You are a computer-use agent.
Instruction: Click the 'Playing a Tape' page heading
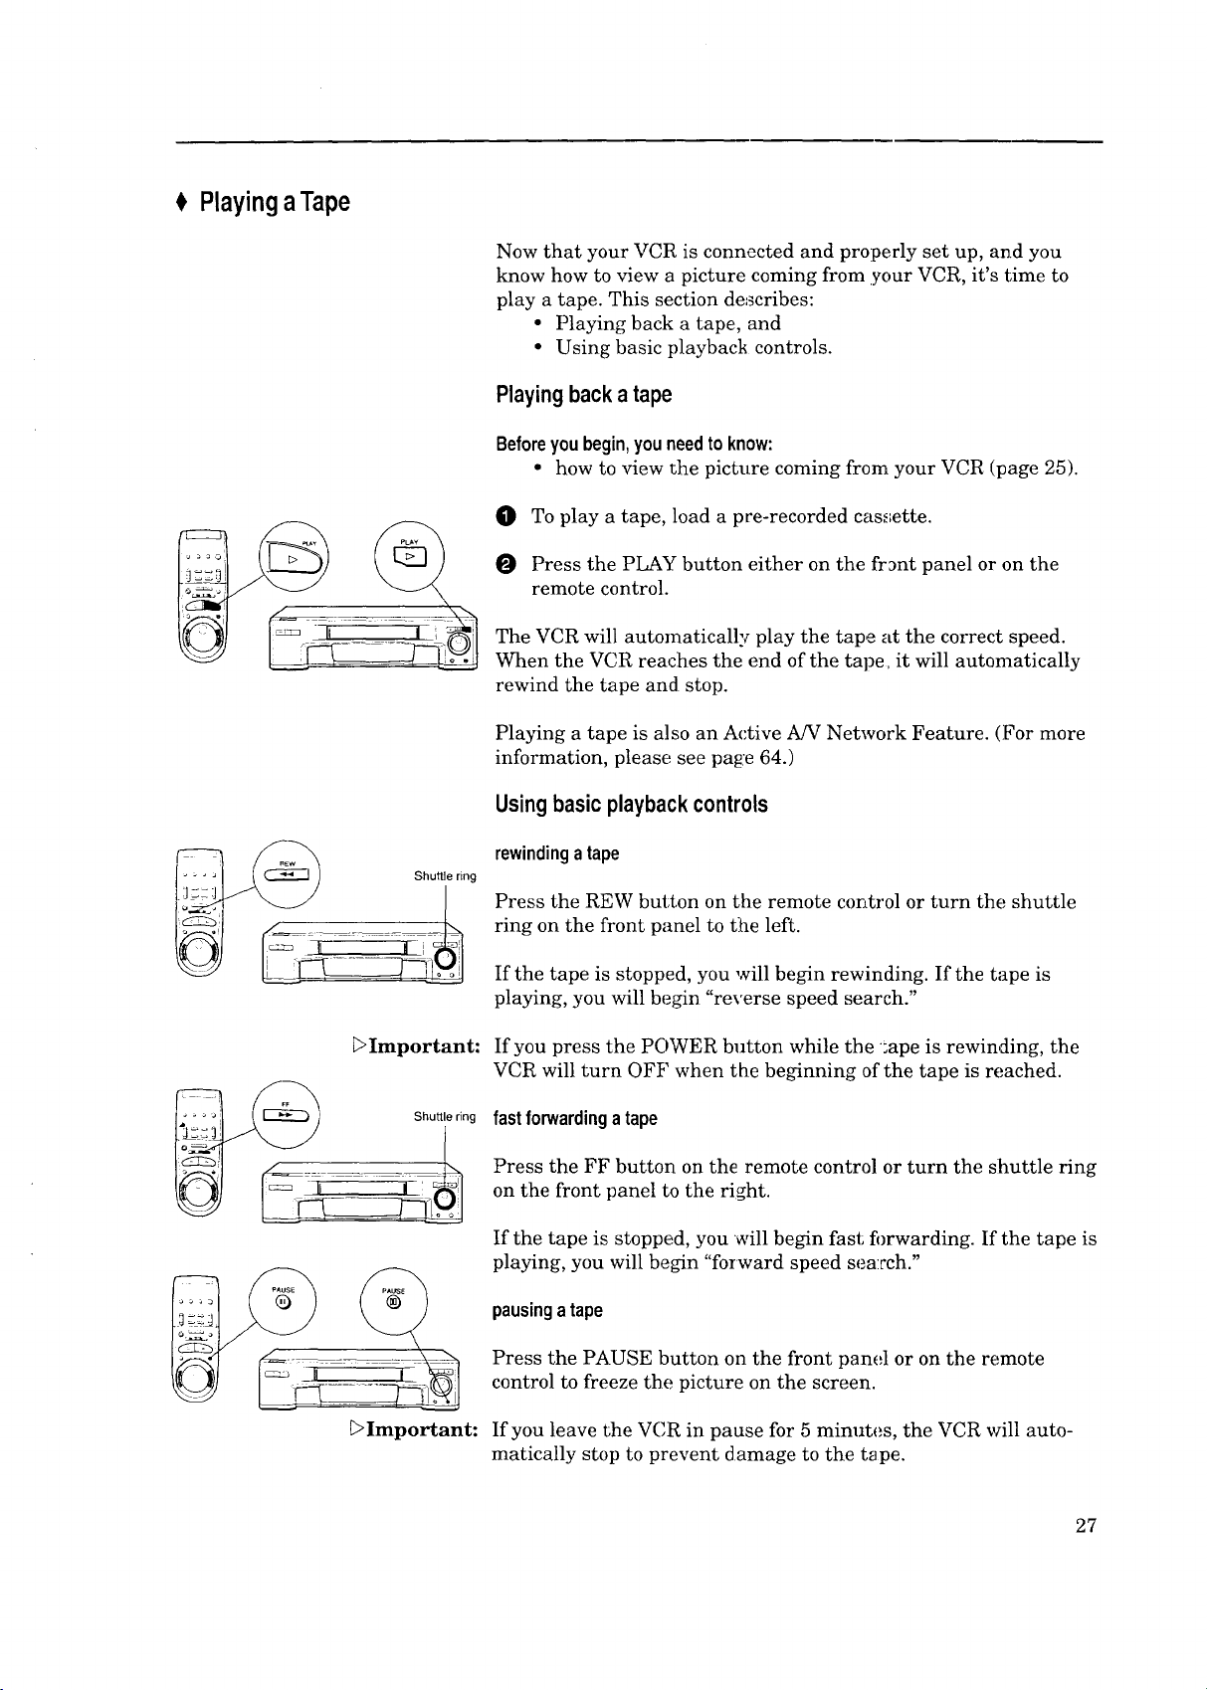(274, 203)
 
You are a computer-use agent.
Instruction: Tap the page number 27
(1085, 1526)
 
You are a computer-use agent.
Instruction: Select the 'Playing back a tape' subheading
(584, 395)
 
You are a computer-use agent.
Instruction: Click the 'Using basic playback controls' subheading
(631, 805)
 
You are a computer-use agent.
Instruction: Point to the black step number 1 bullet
(506, 516)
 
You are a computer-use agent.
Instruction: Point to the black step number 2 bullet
(506, 564)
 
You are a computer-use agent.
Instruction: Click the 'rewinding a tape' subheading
(556, 853)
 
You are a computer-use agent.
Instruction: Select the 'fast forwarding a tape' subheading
(575, 1118)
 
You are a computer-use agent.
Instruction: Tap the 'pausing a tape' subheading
(547, 1310)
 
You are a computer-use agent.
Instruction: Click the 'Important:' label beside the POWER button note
(417, 1046)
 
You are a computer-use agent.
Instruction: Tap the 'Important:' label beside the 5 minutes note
(417, 1429)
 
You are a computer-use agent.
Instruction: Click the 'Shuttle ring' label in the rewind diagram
(445, 876)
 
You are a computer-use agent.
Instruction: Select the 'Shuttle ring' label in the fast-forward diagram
(445, 1117)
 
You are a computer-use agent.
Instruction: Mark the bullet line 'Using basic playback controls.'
(694, 347)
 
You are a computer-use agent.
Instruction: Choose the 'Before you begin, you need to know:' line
(634, 444)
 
